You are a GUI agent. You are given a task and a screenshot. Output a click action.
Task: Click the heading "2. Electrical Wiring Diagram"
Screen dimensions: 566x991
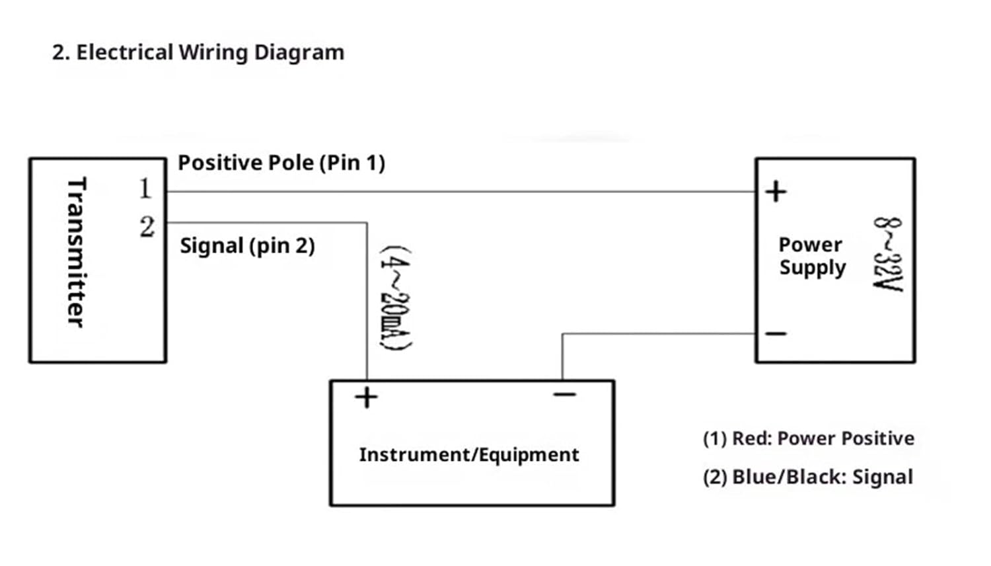(198, 52)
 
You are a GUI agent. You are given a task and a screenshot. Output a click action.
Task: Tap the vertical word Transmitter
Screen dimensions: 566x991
(77, 251)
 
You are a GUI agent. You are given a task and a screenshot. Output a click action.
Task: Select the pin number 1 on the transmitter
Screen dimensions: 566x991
(145, 189)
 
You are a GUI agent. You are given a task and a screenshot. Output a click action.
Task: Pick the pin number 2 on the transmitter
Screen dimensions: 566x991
(147, 227)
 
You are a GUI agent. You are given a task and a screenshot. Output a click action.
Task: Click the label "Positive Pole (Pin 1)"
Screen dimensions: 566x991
(281, 163)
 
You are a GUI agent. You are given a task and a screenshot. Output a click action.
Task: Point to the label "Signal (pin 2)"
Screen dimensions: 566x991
(247, 246)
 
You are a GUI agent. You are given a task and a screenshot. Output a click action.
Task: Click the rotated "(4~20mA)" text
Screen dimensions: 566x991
(395, 298)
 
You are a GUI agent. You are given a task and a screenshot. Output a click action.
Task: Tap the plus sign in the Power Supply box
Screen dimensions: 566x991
(776, 192)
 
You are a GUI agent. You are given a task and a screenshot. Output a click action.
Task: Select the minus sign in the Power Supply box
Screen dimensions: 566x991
(776, 333)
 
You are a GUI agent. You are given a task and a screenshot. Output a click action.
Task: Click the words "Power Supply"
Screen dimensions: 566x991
(811, 256)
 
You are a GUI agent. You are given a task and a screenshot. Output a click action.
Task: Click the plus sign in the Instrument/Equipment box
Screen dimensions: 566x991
(366, 397)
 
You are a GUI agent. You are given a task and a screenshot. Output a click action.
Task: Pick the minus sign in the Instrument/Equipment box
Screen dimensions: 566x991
(565, 395)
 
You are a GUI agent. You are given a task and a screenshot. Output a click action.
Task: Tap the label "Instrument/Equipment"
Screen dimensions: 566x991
(469, 455)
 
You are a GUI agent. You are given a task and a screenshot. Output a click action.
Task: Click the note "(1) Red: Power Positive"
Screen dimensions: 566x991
(808, 438)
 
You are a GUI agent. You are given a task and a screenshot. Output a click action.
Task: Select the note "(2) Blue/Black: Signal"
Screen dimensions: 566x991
(807, 477)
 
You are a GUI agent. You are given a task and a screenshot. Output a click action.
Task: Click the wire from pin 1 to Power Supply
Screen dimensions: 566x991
(462, 192)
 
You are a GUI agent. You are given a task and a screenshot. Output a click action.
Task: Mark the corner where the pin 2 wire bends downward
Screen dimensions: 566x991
(367, 223)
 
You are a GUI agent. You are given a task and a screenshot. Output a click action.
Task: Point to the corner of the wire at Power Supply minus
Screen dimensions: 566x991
(562, 334)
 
